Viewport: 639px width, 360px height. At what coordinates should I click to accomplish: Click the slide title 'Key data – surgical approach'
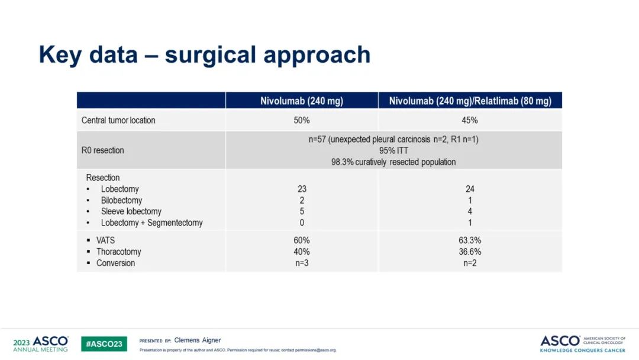[x=204, y=55]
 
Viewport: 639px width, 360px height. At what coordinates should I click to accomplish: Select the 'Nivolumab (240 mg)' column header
[x=301, y=101]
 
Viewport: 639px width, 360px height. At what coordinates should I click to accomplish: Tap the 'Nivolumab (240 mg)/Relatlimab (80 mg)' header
[x=470, y=101]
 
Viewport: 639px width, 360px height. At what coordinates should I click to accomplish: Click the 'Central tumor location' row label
[x=118, y=120]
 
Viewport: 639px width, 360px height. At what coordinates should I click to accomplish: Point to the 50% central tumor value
[x=301, y=120]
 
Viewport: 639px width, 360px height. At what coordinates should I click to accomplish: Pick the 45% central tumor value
[x=470, y=120]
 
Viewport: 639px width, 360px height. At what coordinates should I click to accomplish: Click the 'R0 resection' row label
[x=102, y=150]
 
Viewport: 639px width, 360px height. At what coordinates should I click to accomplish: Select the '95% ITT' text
[x=393, y=151]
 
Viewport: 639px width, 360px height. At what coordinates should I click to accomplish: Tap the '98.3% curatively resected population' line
[x=393, y=162]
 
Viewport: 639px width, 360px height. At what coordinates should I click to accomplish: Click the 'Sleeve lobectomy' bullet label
[x=131, y=211]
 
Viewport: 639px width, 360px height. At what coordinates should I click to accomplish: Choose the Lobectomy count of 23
[x=302, y=189]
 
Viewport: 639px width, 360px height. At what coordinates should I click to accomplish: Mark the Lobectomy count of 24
[x=470, y=189]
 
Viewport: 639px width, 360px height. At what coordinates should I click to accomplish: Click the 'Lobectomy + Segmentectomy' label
[x=151, y=223]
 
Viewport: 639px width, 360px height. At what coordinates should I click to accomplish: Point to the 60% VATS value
[x=302, y=240]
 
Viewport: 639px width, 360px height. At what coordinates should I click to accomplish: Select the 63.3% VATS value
[x=470, y=240]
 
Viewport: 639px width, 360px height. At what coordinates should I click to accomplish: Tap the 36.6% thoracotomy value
[x=470, y=252]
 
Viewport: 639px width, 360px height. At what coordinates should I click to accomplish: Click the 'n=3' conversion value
[x=302, y=263]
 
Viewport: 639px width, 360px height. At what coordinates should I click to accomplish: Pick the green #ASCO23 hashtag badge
[x=104, y=344]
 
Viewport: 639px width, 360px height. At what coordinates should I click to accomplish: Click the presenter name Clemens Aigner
[x=198, y=340]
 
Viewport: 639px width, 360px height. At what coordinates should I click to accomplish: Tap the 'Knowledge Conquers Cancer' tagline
[x=583, y=351]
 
